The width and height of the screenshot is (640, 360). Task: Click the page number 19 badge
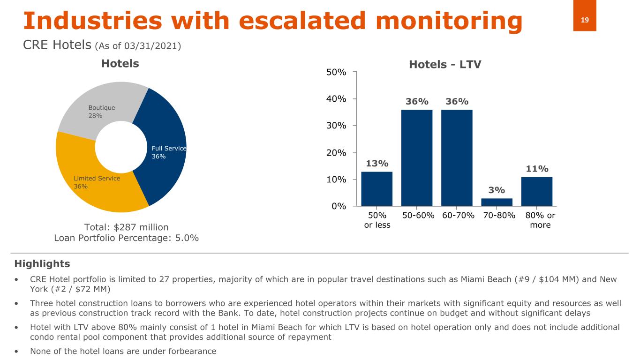(x=585, y=20)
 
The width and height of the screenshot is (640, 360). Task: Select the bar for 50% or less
(x=376, y=188)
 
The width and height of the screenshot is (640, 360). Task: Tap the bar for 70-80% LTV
(x=497, y=202)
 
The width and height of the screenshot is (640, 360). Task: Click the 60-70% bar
(x=457, y=157)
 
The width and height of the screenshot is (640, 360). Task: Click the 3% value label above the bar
(x=497, y=190)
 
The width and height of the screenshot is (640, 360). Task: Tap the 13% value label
(x=377, y=164)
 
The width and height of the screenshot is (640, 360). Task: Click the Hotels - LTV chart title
(x=445, y=65)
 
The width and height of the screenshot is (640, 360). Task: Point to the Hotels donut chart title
(x=120, y=63)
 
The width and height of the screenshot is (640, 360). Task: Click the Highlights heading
(x=42, y=263)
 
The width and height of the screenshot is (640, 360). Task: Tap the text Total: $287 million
(x=126, y=227)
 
